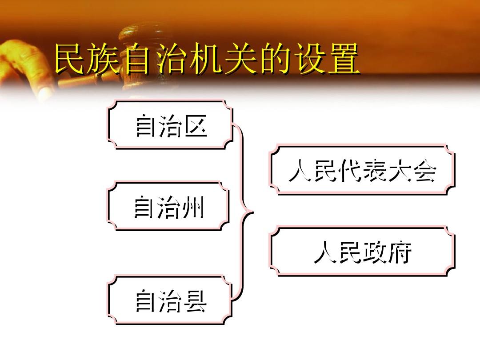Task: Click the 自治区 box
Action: pyautogui.click(x=170, y=124)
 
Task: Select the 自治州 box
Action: pyautogui.click(x=168, y=206)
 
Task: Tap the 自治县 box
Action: pyautogui.click(x=170, y=300)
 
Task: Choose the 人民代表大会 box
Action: pyautogui.click(x=362, y=169)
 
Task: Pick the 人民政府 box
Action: pyautogui.click(x=362, y=251)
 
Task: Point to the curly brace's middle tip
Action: pyautogui.click(x=253, y=212)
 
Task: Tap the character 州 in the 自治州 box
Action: pyautogui.click(x=192, y=207)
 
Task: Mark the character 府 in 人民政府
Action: pyautogui.click(x=400, y=252)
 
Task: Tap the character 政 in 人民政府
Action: pyautogui.click(x=375, y=252)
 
